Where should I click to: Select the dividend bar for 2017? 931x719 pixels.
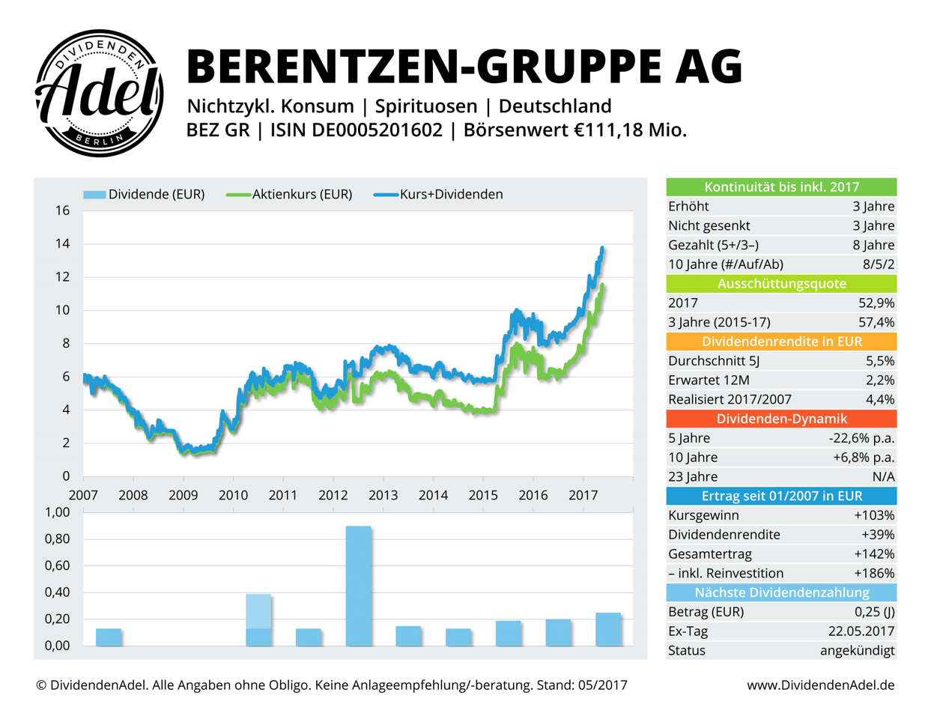click(x=608, y=629)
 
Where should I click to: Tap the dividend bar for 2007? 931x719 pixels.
click(x=109, y=637)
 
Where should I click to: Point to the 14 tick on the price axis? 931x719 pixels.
click(x=62, y=243)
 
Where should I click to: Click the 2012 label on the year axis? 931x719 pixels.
click(x=333, y=495)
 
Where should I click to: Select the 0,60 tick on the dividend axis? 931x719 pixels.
click(x=57, y=565)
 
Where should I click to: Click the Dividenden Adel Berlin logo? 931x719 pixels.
click(x=100, y=94)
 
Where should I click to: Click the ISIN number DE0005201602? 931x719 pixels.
click(x=377, y=130)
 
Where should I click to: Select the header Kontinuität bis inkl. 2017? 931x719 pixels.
click(x=781, y=187)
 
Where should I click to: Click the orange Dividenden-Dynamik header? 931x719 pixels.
click(x=781, y=419)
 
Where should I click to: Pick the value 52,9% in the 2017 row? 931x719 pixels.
click(x=876, y=303)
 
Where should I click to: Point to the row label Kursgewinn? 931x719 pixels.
click(x=703, y=515)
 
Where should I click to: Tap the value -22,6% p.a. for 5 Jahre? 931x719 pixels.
click(x=857, y=438)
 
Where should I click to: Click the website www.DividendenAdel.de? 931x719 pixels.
click(x=820, y=685)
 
